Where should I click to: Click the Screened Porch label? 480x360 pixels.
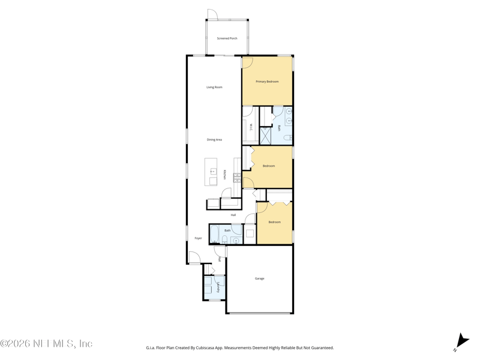pyautogui.click(x=227, y=38)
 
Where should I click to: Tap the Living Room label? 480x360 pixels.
pyautogui.click(x=214, y=88)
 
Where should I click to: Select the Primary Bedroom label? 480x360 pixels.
pyautogui.click(x=267, y=82)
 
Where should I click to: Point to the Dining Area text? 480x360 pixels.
pyautogui.click(x=214, y=140)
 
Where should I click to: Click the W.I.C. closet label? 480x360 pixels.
pyautogui.click(x=251, y=127)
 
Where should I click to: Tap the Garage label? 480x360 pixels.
pyautogui.click(x=259, y=278)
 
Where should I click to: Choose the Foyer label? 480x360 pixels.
pyautogui.click(x=198, y=238)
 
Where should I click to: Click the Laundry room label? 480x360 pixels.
pyautogui.click(x=218, y=287)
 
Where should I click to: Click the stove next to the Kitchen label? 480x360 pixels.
pyautogui.click(x=237, y=177)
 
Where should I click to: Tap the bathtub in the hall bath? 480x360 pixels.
pyautogui.click(x=215, y=233)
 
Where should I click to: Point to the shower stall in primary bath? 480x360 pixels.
pyautogui.click(x=266, y=136)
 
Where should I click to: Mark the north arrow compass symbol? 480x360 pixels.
pyautogui.click(x=461, y=341)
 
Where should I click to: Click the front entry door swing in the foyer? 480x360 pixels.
pyautogui.click(x=194, y=258)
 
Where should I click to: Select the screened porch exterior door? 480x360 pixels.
pyautogui.click(x=212, y=14)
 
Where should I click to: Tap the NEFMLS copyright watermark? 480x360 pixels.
pyautogui.click(x=46, y=344)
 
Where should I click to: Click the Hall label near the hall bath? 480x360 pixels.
pyautogui.click(x=233, y=215)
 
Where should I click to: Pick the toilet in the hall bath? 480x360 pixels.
pyautogui.click(x=224, y=240)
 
